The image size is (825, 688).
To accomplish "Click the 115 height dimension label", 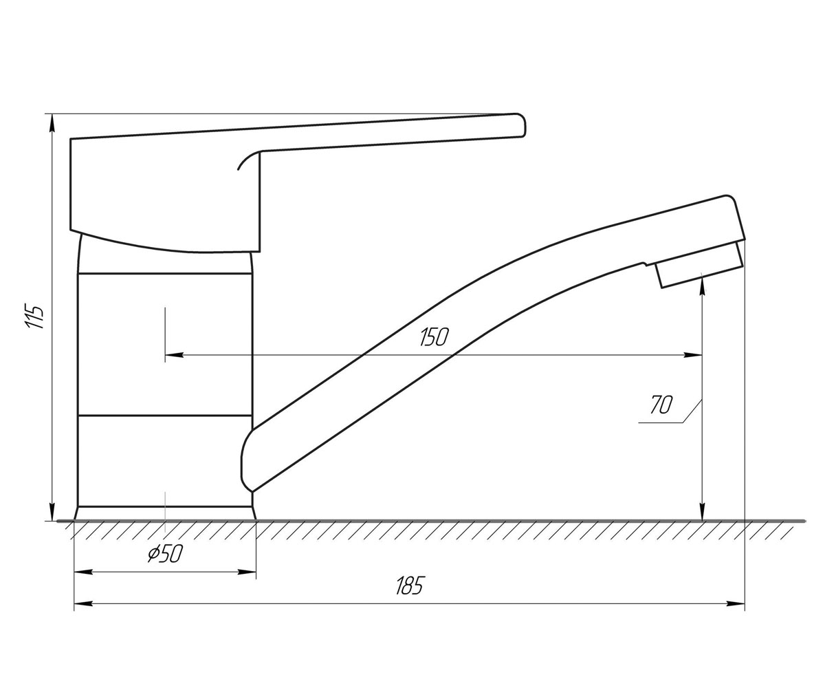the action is click(x=34, y=316).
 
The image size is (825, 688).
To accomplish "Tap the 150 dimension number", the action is click(x=434, y=337).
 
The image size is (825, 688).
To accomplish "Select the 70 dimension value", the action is click(x=661, y=405).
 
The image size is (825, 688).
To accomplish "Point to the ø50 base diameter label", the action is click(x=165, y=553).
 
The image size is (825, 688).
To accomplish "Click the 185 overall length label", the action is click(x=410, y=585).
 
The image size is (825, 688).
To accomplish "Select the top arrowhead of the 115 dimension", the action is click(x=52, y=123).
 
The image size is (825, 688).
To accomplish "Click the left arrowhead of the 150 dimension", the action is click(x=174, y=355).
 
